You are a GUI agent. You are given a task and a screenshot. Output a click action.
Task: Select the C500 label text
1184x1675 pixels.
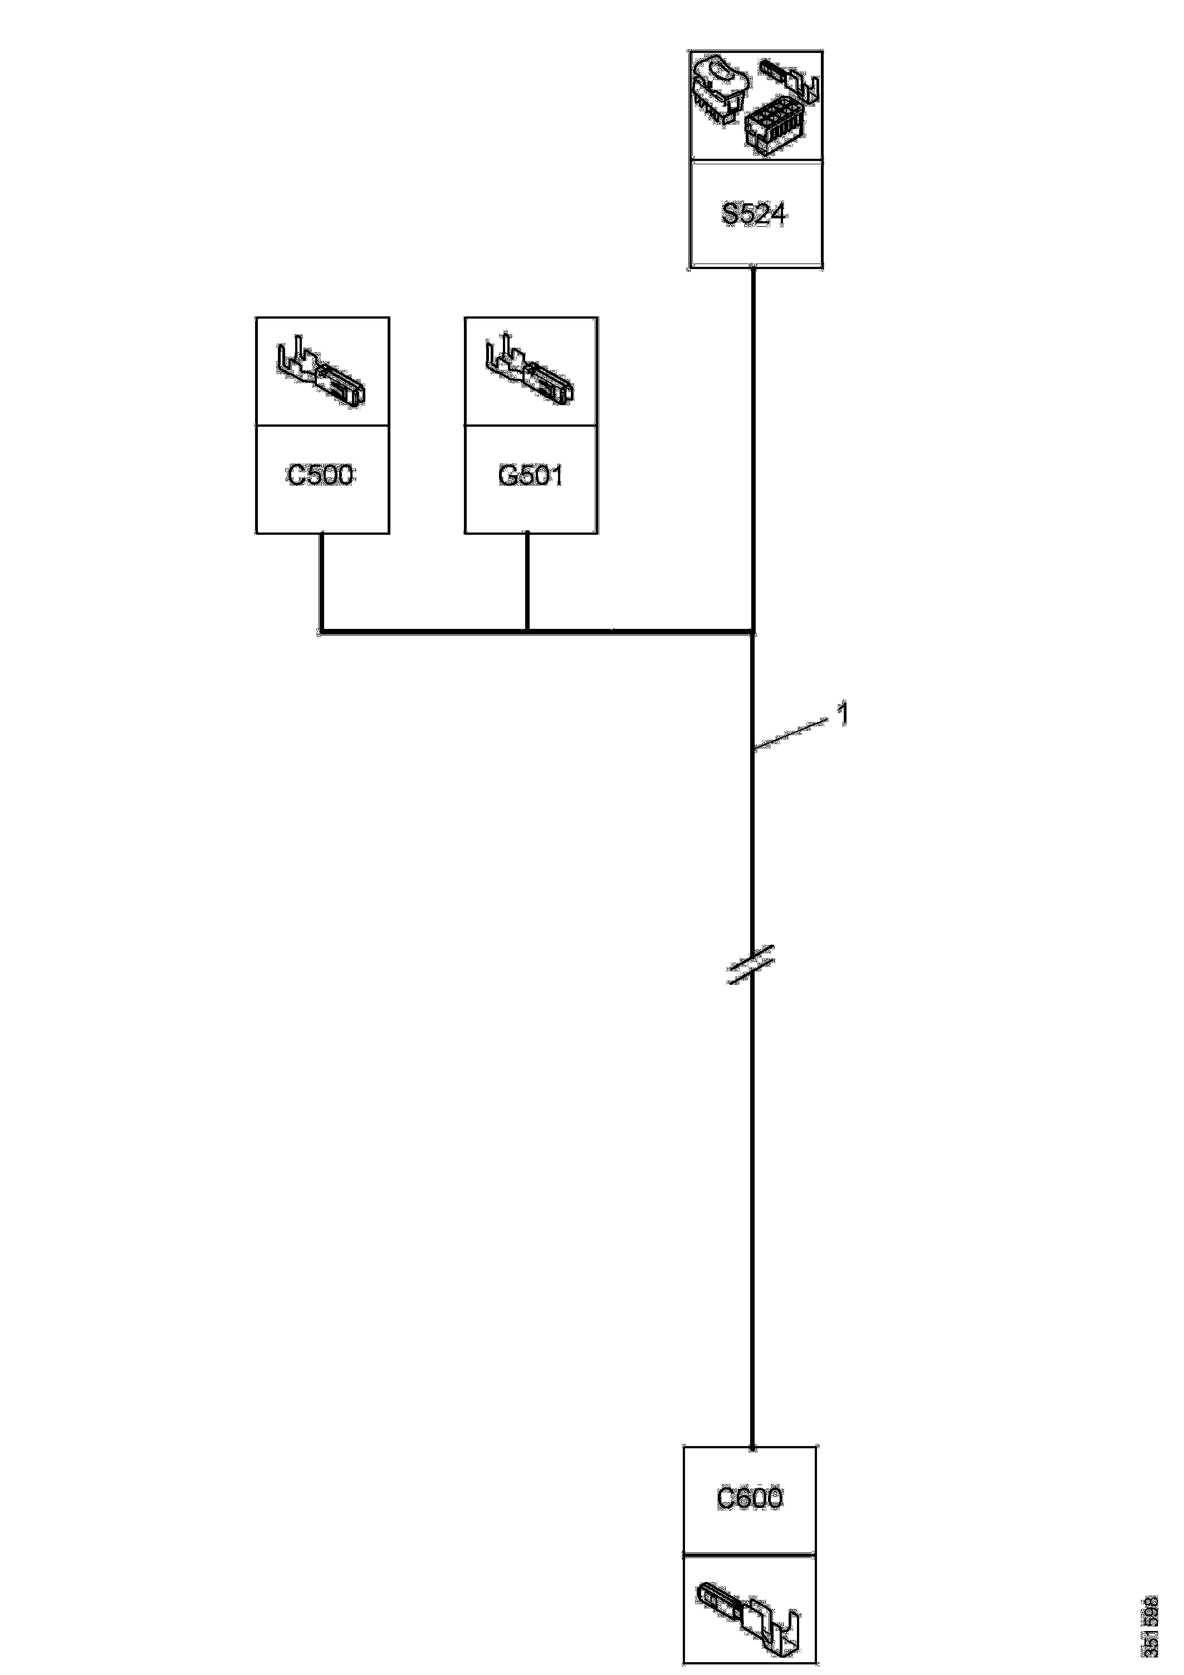[x=321, y=476]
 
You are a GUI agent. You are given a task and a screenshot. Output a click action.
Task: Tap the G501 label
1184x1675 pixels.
[x=530, y=476]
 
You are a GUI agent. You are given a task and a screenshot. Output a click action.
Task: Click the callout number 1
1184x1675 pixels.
[x=843, y=714]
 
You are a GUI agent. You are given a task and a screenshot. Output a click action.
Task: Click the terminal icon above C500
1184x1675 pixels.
[x=322, y=372]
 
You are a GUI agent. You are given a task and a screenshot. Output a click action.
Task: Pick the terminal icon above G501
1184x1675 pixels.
[x=530, y=372]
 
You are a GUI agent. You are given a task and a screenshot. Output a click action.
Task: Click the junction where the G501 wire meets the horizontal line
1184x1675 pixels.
[x=527, y=631]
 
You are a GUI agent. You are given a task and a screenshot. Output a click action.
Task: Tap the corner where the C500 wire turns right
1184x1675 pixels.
[x=321, y=631]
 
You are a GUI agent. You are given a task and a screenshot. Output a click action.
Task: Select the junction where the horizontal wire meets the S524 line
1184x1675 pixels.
[x=752, y=631]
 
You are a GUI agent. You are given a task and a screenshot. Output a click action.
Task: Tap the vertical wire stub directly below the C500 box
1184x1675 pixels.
[x=321, y=580]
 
